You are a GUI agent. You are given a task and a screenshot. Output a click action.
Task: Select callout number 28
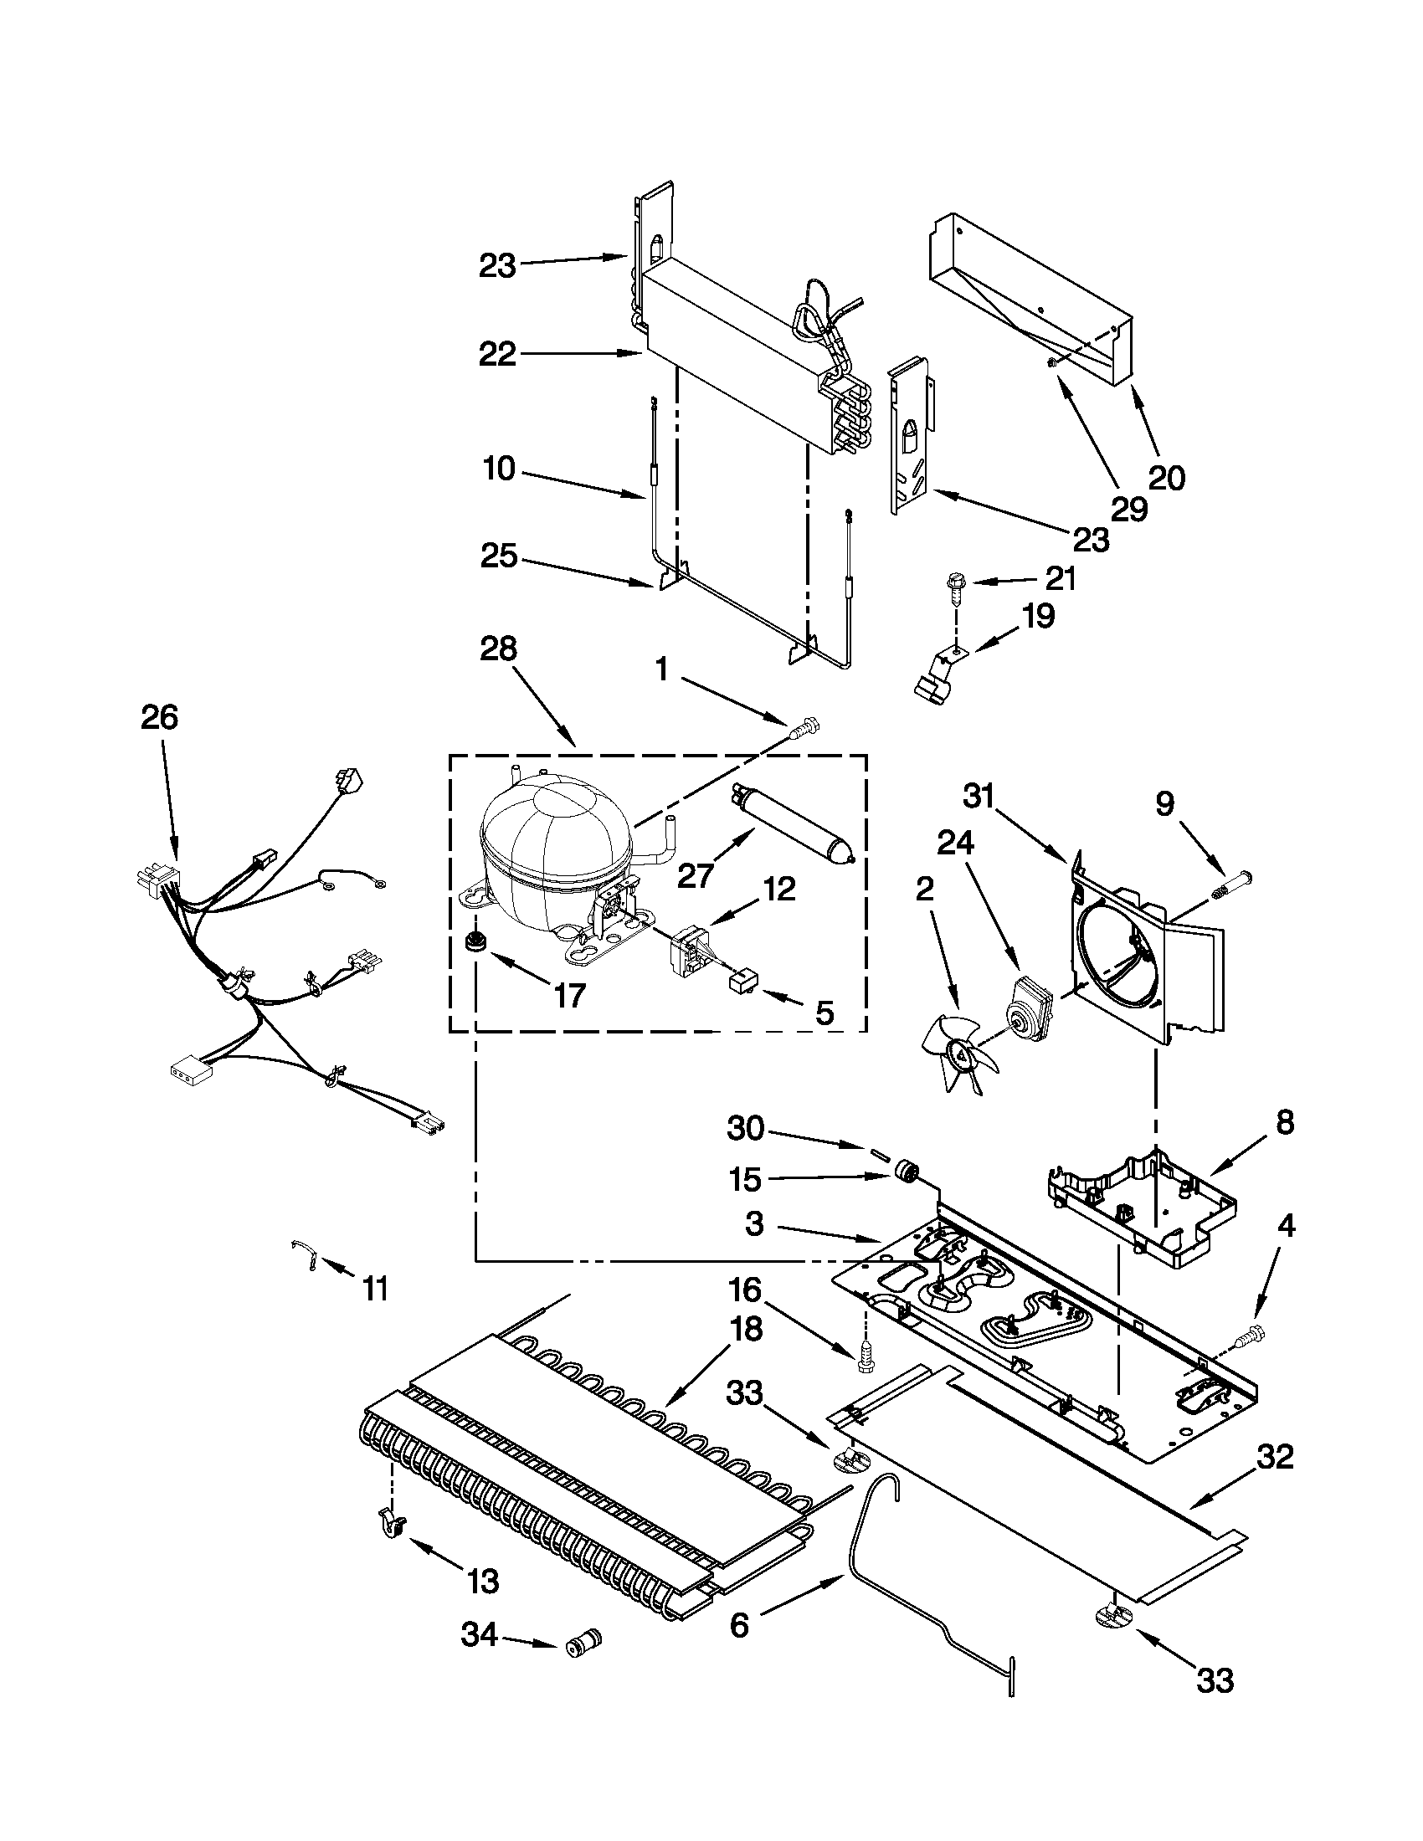pos(498,649)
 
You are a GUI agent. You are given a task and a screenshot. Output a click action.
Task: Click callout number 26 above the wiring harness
pos(159,717)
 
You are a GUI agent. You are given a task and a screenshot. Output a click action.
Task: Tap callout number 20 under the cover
pos(1168,477)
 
